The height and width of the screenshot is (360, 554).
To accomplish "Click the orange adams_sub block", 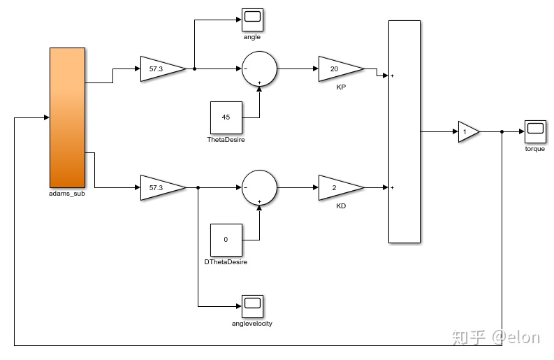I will pyautogui.click(x=67, y=117).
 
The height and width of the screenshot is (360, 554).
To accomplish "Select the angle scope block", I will pyautogui.click(x=252, y=18).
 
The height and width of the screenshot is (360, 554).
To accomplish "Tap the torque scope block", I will pyautogui.click(x=534, y=130).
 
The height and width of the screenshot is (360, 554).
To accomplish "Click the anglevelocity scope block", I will pyautogui.click(x=252, y=305).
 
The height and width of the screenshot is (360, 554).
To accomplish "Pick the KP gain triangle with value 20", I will pyautogui.click(x=340, y=69).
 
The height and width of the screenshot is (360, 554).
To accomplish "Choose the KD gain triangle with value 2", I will pyautogui.click(x=340, y=187).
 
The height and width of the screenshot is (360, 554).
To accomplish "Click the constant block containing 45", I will pyautogui.click(x=226, y=117).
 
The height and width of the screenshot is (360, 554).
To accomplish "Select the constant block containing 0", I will pyautogui.click(x=226, y=240).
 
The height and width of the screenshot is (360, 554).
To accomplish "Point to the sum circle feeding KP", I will pyautogui.click(x=259, y=69).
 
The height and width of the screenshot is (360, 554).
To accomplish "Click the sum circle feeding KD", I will pyautogui.click(x=259, y=187).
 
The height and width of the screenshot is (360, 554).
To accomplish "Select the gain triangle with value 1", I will pyautogui.click(x=467, y=131).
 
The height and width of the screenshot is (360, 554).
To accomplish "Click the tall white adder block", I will pyautogui.click(x=404, y=131).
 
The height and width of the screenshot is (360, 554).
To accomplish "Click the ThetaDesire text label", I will pyautogui.click(x=226, y=140).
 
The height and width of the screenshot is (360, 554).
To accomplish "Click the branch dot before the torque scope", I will pyautogui.click(x=502, y=131).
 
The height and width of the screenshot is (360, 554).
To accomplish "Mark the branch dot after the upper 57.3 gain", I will pyautogui.click(x=194, y=69).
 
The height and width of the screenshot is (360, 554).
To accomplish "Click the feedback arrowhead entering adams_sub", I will pyautogui.click(x=46, y=117).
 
